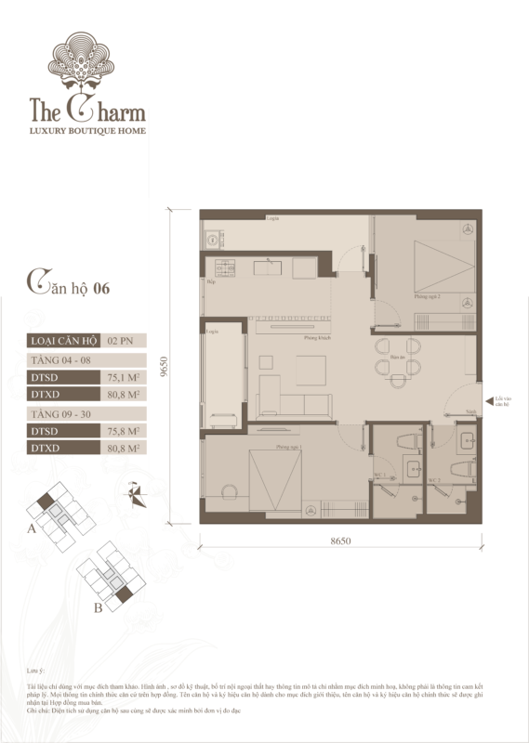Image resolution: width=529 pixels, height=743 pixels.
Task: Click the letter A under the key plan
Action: [33, 528]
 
